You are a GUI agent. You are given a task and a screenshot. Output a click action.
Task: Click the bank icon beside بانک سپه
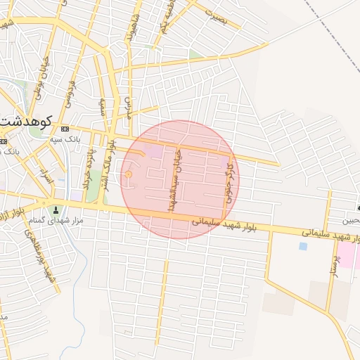point(65,129)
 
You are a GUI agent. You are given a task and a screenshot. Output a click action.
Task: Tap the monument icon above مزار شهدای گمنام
point(56,210)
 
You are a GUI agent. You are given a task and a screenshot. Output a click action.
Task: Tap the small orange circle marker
point(128,174)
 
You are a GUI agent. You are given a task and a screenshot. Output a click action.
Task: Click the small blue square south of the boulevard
point(303,246)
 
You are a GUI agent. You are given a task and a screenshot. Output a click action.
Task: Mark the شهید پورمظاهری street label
point(48,259)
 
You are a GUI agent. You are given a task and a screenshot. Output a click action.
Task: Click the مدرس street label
point(4,317)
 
